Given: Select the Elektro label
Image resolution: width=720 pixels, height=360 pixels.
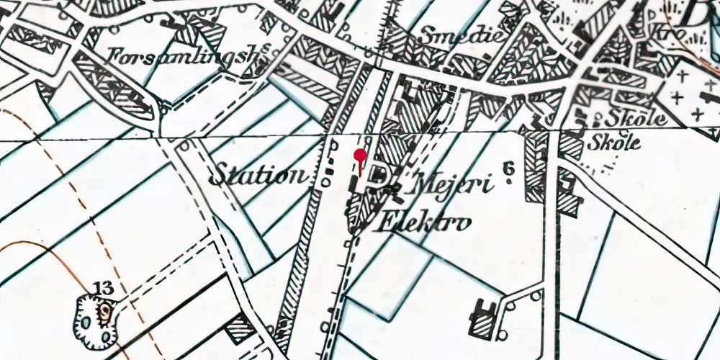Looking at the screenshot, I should (425, 221).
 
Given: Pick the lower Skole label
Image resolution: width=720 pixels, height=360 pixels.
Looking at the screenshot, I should (614, 142).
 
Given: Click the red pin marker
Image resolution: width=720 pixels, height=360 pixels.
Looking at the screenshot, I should (361, 156).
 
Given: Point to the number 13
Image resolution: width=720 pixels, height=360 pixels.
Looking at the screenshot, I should (103, 289).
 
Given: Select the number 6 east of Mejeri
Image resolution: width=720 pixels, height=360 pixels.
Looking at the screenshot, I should (509, 169).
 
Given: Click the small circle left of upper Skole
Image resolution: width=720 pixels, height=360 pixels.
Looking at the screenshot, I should (598, 115).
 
